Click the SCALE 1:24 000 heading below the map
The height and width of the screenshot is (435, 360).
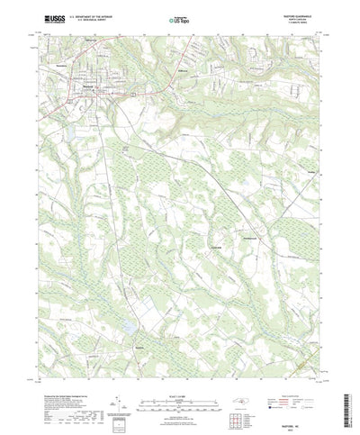[x=179, y=369]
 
